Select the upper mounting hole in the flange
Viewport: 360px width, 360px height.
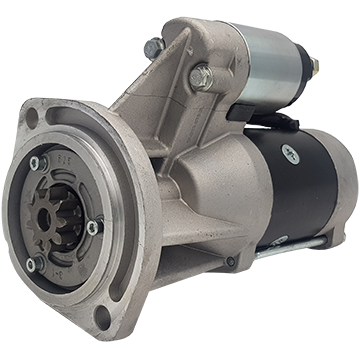click(32, 116)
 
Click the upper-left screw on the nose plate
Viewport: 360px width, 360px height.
click(37, 162)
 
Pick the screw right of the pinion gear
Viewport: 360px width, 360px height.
click(94, 227)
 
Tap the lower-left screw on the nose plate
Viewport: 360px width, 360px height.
click(33, 265)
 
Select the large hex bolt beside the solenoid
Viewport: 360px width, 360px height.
click(200, 76)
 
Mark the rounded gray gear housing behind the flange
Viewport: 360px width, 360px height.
click(190, 190)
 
